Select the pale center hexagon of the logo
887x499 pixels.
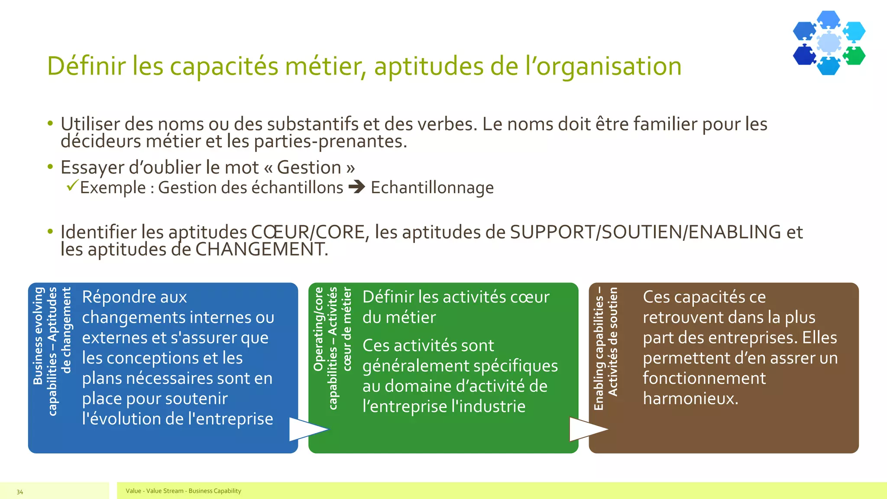829,42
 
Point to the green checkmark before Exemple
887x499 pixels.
72,186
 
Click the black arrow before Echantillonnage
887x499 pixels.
357,187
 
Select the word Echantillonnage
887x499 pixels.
432,188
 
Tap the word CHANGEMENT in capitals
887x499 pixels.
261,249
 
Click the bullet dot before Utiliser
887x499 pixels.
50,123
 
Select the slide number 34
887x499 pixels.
20,492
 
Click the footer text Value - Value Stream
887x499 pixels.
155,491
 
